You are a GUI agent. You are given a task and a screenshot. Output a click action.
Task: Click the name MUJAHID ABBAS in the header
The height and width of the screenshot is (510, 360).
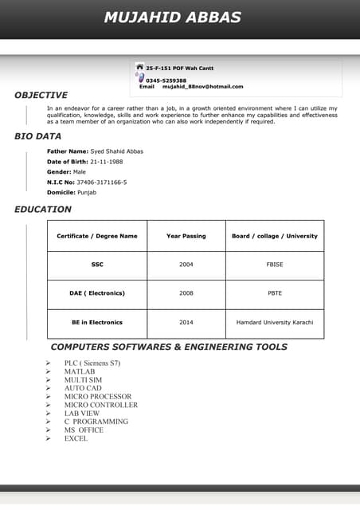click(x=172, y=18)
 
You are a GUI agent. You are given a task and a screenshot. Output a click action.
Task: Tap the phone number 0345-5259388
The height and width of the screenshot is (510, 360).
click(x=166, y=80)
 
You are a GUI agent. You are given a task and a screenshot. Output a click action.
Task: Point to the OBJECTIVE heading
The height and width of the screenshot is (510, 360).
click(x=41, y=95)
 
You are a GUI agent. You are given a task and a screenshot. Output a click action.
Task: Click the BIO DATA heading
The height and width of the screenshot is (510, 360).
click(x=37, y=136)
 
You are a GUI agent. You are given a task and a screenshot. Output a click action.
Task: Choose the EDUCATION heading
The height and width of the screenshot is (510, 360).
click(x=43, y=210)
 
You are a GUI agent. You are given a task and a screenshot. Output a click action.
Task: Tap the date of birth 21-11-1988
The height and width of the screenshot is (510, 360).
click(x=106, y=161)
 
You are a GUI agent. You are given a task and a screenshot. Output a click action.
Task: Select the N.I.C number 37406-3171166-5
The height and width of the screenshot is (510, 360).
click(x=102, y=182)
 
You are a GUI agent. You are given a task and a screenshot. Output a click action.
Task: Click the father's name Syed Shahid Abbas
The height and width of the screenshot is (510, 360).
click(x=117, y=151)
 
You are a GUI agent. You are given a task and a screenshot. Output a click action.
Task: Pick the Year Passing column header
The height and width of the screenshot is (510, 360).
click(x=186, y=236)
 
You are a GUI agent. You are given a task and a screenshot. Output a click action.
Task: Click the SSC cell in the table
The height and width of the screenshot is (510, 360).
click(x=97, y=265)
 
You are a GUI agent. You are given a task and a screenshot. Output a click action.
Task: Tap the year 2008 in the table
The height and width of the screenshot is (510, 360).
click(x=186, y=293)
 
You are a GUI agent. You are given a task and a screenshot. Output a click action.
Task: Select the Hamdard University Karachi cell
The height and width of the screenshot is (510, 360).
click(x=275, y=323)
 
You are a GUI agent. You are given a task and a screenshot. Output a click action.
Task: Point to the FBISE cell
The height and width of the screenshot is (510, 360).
click(x=275, y=265)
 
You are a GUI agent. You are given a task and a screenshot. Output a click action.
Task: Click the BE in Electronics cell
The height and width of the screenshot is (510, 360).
click(x=97, y=323)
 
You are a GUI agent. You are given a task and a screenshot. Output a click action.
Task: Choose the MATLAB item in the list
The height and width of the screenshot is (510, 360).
click(x=80, y=371)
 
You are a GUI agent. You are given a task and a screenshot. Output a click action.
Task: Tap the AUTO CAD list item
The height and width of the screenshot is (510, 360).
click(x=83, y=388)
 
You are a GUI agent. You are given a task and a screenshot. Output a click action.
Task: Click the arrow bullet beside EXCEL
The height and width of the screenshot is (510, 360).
click(x=48, y=438)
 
